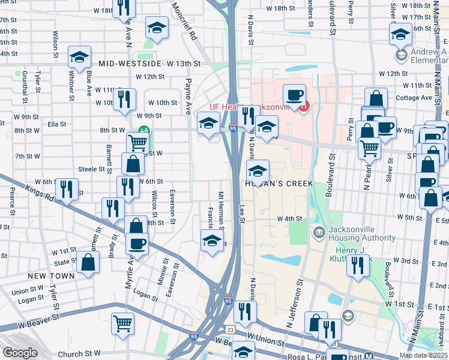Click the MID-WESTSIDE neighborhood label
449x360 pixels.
[x=130, y=64]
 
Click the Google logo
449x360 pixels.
[x=20, y=353]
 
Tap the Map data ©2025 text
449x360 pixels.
[x=423, y=355]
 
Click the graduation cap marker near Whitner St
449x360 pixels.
[x=79, y=58]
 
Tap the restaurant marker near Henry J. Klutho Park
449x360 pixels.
[x=358, y=265]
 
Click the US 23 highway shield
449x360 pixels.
[x=231, y=330]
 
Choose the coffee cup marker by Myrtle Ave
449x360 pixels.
[x=137, y=243]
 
